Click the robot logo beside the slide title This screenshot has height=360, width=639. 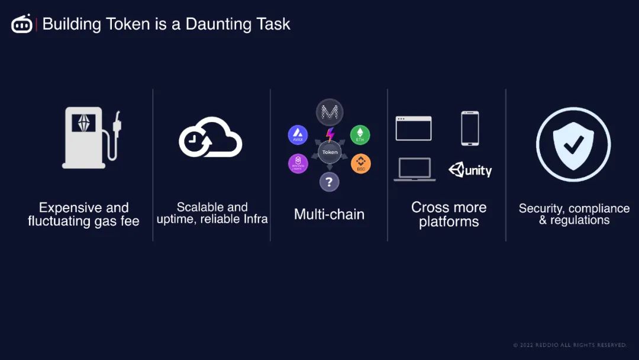tap(22, 24)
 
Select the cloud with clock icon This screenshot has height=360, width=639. tap(210, 137)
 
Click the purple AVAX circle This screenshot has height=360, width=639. tap(298, 135)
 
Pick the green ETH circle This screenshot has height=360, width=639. tap(360, 135)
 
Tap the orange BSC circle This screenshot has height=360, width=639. tap(361, 164)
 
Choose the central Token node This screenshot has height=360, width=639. tap(330, 152)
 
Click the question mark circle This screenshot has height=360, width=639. tap(330, 182)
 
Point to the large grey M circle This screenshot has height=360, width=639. tap(330, 112)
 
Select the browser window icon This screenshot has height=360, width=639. tap(414, 128)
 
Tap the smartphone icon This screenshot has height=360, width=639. tap(470, 128)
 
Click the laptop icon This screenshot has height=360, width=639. tap(414, 169)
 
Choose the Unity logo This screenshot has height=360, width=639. tap(470, 171)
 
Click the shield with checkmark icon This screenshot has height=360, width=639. tap(573, 144)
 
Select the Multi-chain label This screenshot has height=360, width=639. tap(329, 214)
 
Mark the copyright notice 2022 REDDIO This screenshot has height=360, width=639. tap(569, 345)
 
